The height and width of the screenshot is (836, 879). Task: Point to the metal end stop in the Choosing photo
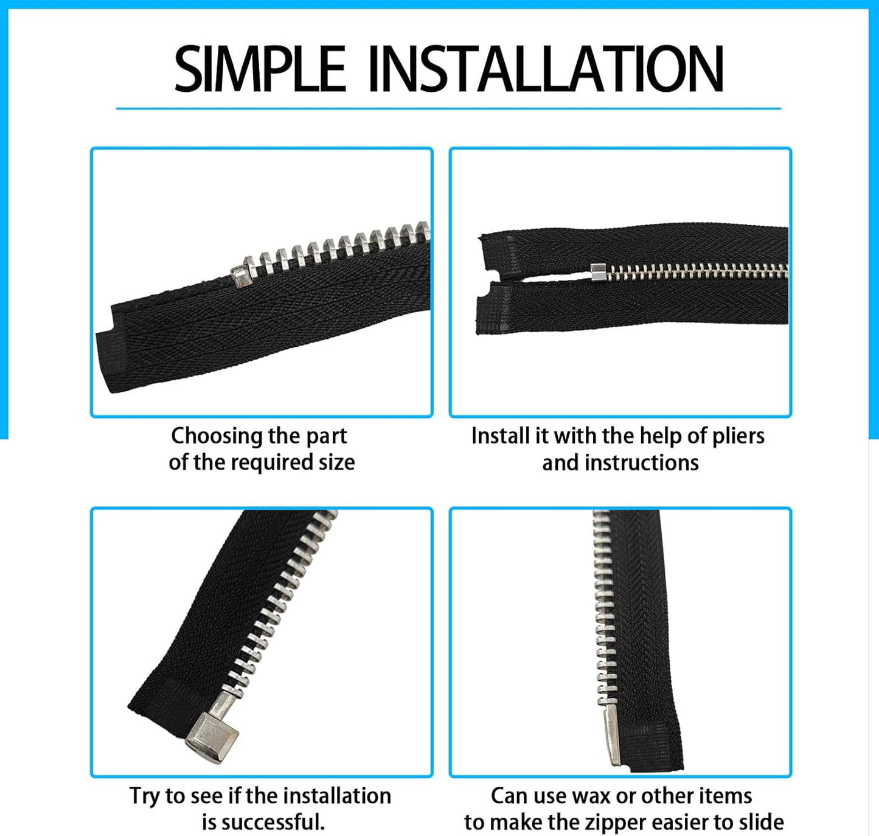[x=241, y=277]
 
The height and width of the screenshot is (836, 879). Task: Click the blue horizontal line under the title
[x=448, y=108]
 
